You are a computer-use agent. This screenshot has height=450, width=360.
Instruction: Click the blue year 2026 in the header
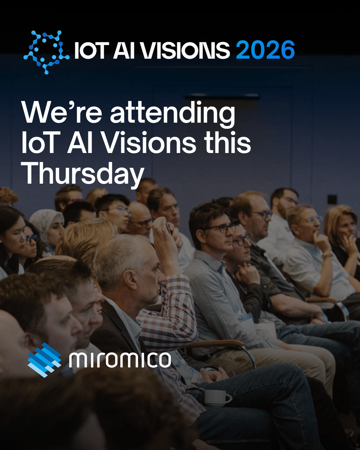265,50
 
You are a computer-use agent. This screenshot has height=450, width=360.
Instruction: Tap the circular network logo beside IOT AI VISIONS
46,52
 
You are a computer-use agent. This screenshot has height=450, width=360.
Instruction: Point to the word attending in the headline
173,114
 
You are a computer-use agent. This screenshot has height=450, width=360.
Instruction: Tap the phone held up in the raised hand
168,227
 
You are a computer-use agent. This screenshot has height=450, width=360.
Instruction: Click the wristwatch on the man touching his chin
327,255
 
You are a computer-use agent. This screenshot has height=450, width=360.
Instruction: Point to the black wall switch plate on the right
332,199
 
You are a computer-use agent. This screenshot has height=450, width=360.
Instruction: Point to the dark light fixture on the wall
222,96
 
